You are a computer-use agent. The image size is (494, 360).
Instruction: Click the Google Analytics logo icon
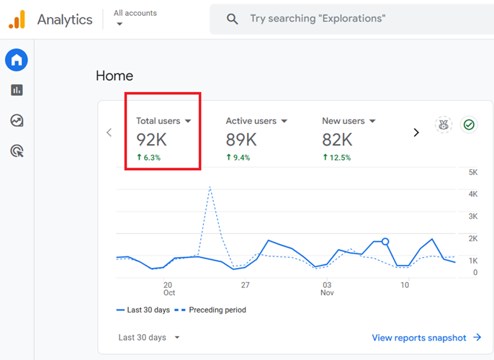(17, 20)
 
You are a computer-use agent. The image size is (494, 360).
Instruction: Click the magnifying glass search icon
(232, 19)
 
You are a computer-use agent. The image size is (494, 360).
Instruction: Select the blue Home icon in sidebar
(17, 60)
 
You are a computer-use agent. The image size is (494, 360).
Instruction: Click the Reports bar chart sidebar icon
(17, 90)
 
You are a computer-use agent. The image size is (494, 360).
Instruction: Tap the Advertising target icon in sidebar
(17, 150)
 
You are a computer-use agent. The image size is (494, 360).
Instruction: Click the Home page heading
(114, 76)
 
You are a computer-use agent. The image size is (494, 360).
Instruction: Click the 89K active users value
(241, 140)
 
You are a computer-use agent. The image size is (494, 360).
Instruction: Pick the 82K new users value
(337, 140)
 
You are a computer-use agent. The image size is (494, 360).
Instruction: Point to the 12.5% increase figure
(336, 158)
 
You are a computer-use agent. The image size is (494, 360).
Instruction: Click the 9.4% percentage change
(238, 158)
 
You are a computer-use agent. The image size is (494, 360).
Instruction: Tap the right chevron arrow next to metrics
(416, 132)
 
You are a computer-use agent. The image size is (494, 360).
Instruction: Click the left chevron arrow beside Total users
(109, 132)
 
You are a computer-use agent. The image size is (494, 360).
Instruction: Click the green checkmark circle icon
(469, 125)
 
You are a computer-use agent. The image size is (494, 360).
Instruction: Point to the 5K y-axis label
(473, 172)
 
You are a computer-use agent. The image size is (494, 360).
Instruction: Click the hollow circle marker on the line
(385, 242)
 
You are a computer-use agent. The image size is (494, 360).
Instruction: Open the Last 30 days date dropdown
(149, 337)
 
